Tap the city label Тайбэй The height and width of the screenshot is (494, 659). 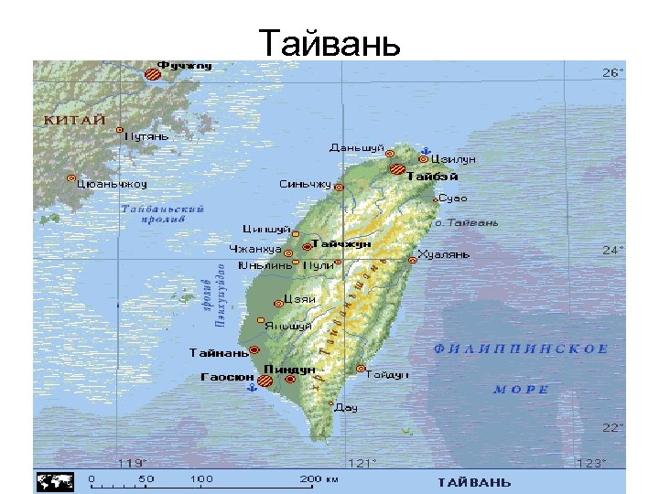pyautogui.click(x=432, y=176)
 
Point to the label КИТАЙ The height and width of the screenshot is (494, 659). pyautogui.click(x=75, y=120)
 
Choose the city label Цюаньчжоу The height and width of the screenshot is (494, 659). pyautogui.click(x=113, y=183)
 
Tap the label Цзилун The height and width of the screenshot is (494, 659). pyautogui.click(x=453, y=159)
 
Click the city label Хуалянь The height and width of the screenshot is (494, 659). pyautogui.click(x=443, y=253)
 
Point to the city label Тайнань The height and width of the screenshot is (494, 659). pyautogui.click(x=219, y=352)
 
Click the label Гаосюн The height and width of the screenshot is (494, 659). pyautogui.click(x=226, y=376)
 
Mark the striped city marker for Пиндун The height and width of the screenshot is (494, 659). pyautogui.click(x=267, y=381)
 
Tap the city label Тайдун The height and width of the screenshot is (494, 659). pyautogui.click(x=387, y=374)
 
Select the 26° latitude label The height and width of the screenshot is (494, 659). pyautogui.click(x=612, y=72)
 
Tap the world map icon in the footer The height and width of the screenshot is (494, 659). pyautogui.click(x=54, y=480)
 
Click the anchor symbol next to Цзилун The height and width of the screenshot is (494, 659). pyautogui.click(x=424, y=149)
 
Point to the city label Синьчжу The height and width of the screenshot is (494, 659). pyautogui.click(x=305, y=184)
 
